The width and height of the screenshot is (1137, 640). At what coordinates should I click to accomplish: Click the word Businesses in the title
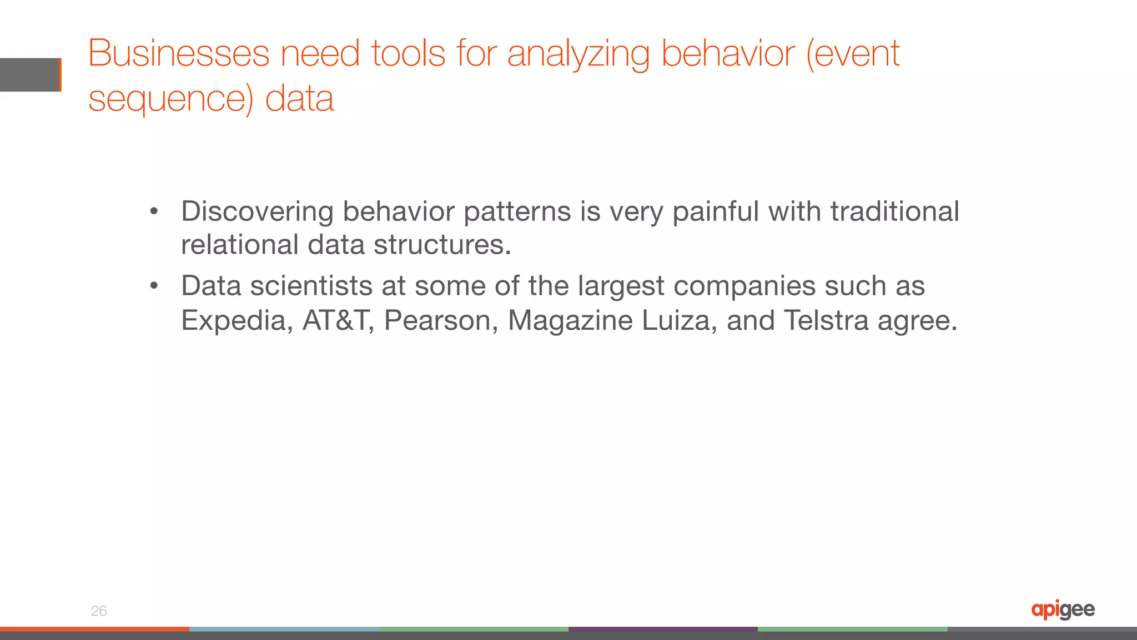(x=179, y=54)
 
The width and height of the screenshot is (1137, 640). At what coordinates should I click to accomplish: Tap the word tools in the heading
(x=408, y=54)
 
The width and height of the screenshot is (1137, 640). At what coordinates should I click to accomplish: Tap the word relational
(x=240, y=245)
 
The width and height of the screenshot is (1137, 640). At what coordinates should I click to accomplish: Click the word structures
(x=442, y=245)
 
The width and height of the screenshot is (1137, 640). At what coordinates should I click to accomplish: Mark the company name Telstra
(x=826, y=320)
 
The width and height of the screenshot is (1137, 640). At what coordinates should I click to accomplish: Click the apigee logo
(x=1063, y=610)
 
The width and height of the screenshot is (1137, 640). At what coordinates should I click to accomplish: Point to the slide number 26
(x=99, y=611)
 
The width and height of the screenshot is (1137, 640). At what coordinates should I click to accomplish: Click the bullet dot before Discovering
(x=154, y=211)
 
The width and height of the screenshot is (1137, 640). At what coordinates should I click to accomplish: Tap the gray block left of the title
(x=30, y=74)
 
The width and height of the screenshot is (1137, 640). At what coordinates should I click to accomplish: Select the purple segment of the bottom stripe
(x=663, y=629)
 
